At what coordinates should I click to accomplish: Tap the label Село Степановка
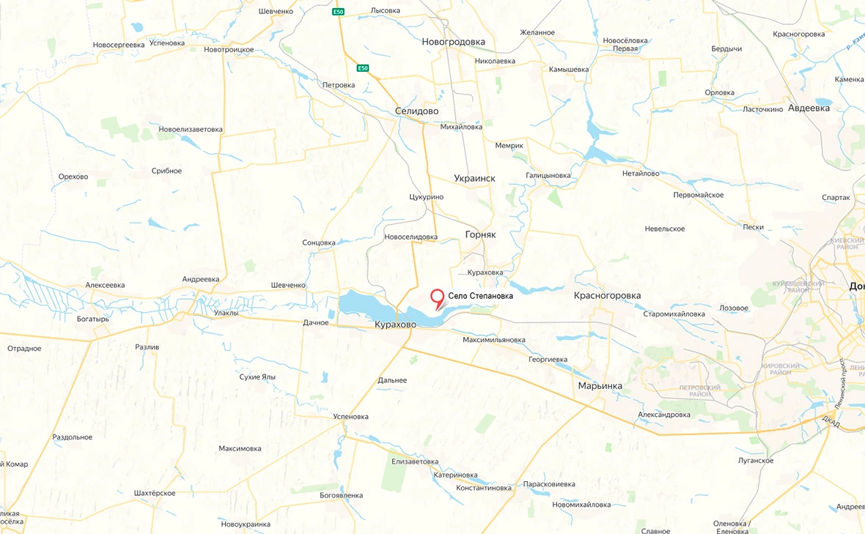click(481, 297)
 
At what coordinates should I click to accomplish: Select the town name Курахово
click(395, 325)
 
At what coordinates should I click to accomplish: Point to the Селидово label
click(416, 111)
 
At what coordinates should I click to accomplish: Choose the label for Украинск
click(474, 178)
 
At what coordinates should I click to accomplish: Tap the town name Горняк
click(480, 235)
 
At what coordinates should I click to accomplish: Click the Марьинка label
click(600, 386)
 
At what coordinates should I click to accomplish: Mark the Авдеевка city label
click(809, 108)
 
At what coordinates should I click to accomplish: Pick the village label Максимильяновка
click(494, 340)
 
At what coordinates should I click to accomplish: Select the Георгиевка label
click(548, 360)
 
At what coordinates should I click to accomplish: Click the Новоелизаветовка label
click(191, 130)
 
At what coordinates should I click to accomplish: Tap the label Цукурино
click(426, 197)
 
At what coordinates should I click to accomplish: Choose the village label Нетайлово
click(641, 174)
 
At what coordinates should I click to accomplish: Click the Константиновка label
click(484, 488)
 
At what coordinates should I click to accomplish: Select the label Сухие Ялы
click(257, 377)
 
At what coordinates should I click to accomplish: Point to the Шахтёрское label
click(155, 493)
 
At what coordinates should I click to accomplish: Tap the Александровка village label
click(664, 415)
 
